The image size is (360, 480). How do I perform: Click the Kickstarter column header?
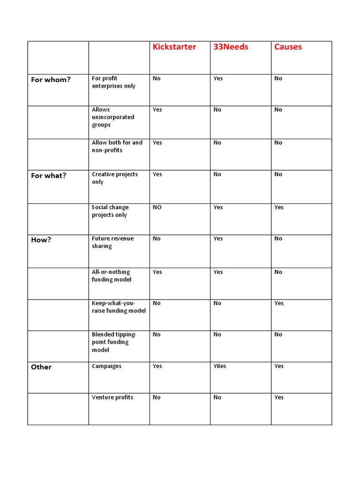(x=174, y=47)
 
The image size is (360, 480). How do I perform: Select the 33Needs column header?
(x=231, y=47)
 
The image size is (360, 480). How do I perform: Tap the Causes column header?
(x=288, y=47)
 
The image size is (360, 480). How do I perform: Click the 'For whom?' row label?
(x=51, y=80)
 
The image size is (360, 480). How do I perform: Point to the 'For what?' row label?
(x=49, y=176)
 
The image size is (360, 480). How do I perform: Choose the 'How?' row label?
(x=41, y=240)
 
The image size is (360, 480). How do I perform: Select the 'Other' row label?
(x=41, y=367)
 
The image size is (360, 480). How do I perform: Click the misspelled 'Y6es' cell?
(x=219, y=366)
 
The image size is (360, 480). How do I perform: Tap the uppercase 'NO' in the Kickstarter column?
(x=157, y=207)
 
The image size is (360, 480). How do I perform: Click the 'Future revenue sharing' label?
(x=112, y=242)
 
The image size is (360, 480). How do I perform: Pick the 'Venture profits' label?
(x=112, y=397)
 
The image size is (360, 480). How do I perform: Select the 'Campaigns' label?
(x=106, y=366)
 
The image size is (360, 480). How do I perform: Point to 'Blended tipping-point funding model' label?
(x=114, y=342)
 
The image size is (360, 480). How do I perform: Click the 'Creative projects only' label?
(x=114, y=178)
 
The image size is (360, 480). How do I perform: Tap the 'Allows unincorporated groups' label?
(x=113, y=117)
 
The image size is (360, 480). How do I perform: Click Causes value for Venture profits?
(x=279, y=397)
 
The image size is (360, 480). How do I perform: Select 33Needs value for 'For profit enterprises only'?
(x=218, y=78)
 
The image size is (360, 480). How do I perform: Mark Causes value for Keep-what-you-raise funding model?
(x=279, y=303)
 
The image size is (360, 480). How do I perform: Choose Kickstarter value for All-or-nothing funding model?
(x=157, y=272)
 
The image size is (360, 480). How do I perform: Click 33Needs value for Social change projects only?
(x=218, y=207)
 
